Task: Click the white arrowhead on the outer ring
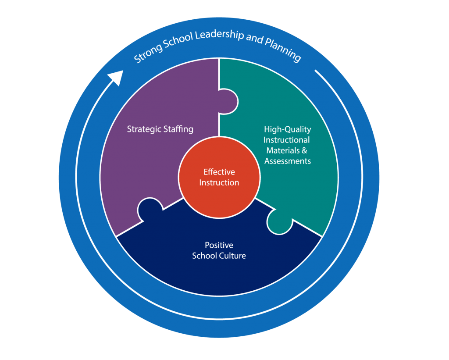(115, 78)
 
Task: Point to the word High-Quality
(287, 129)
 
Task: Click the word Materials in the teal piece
(281, 150)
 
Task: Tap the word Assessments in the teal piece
(288, 161)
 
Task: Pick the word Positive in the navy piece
(219, 245)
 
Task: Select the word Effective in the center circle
(219, 172)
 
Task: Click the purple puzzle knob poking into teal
(230, 102)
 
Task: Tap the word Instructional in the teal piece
(287, 140)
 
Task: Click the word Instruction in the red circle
(219, 182)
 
